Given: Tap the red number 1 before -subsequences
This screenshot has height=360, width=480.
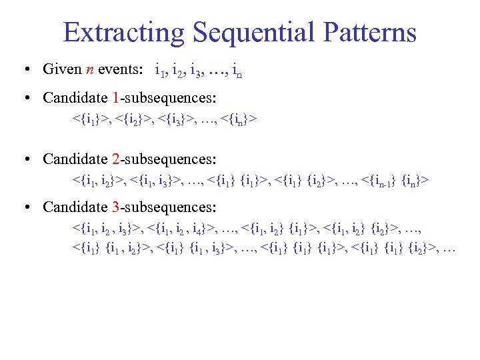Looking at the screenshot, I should (x=116, y=98).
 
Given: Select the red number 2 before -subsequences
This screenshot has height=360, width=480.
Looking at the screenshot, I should (x=116, y=159).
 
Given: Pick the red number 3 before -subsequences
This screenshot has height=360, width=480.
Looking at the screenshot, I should (x=116, y=207).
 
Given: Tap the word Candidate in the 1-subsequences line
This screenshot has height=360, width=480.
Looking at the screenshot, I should (x=75, y=98).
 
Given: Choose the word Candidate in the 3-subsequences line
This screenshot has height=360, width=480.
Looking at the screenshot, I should (x=75, y=207).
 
